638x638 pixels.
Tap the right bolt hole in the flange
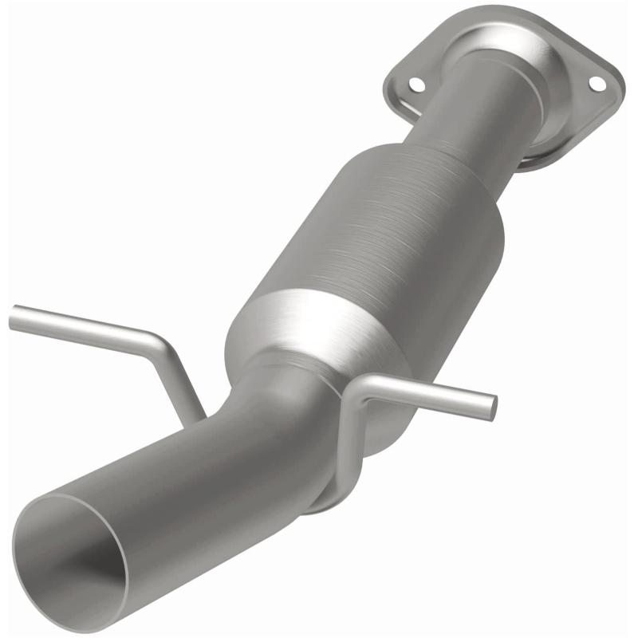coord(595,82)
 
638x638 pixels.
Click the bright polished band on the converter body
coord(319,327)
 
